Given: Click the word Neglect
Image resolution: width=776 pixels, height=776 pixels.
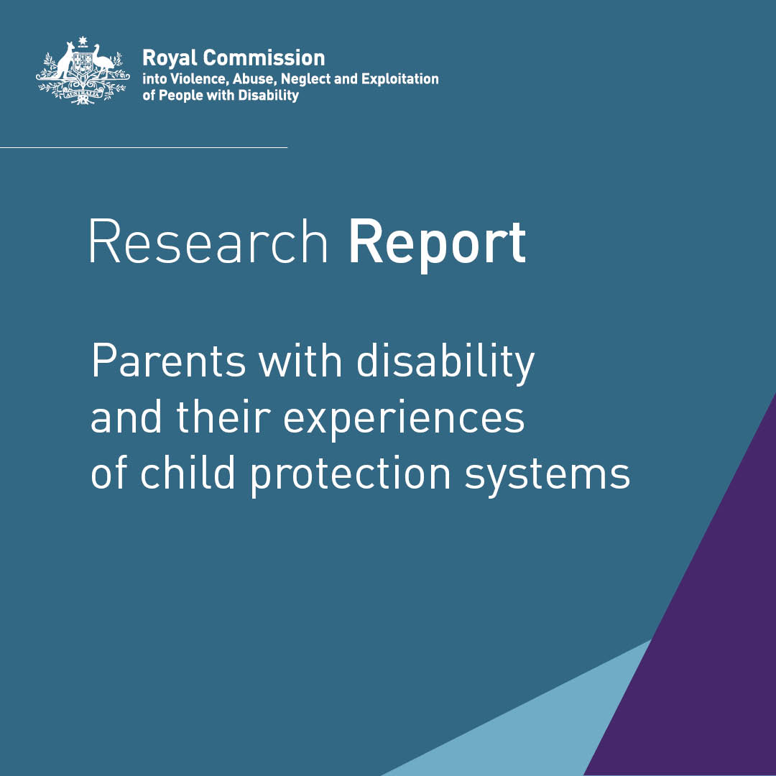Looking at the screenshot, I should (x=305, y=79).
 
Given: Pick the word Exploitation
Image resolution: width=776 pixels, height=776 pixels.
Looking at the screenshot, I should (x=400, y=78).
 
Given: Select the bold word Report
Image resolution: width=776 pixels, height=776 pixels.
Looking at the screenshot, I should (x=437, y=243).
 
